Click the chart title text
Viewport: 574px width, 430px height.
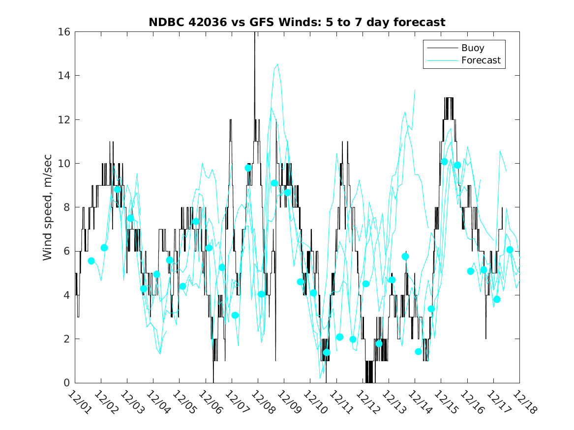pos(297,23)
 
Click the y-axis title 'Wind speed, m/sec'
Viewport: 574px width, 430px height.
pos(48,207)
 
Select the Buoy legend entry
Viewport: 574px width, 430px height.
pos(472,48)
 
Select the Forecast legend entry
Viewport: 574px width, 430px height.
pos(481,60)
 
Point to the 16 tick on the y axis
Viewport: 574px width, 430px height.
pos(65,32)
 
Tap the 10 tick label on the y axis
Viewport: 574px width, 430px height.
pos(65,164)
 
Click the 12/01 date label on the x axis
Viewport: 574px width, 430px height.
pos(79,401)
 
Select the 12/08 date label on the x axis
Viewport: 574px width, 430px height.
pos(262,401)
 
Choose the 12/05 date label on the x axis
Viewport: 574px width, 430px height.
pos(183,401)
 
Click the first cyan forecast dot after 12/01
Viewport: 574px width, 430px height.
pos(91,260)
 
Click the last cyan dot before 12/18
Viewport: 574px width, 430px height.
pos(510,250)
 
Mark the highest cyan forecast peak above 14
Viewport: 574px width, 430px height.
pos(278,64)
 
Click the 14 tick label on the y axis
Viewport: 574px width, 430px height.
pos(65,76)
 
